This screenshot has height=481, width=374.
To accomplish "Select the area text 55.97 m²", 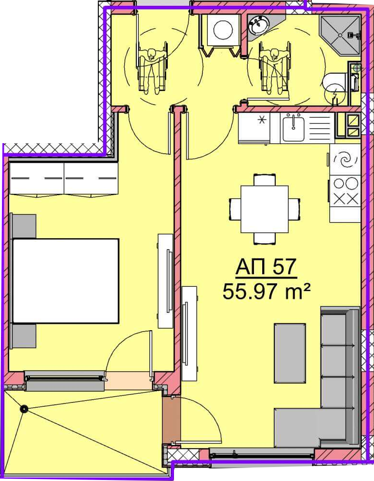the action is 266,292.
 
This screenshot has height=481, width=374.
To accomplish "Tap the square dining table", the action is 265,209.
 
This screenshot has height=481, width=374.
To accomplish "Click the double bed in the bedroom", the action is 66,281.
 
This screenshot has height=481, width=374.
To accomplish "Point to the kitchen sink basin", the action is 294,128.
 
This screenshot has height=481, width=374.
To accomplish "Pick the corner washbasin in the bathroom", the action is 259,25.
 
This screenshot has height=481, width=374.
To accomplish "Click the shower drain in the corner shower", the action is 340,35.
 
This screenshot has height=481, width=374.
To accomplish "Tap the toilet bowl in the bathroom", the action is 334,84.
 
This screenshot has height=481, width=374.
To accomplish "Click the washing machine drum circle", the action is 223,30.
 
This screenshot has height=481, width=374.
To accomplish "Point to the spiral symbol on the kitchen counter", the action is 345,160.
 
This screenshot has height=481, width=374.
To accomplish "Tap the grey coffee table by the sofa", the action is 290,353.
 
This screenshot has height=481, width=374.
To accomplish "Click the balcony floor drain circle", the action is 24,409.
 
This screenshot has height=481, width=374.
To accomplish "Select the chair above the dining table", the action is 265,180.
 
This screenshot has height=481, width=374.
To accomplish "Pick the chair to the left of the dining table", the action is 235,209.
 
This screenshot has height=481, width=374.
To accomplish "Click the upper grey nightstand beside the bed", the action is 24,226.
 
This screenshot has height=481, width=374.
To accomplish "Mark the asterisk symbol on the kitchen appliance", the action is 262,120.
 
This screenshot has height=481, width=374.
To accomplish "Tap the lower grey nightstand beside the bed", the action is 24,336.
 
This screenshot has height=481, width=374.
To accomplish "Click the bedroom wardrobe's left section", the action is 37,178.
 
